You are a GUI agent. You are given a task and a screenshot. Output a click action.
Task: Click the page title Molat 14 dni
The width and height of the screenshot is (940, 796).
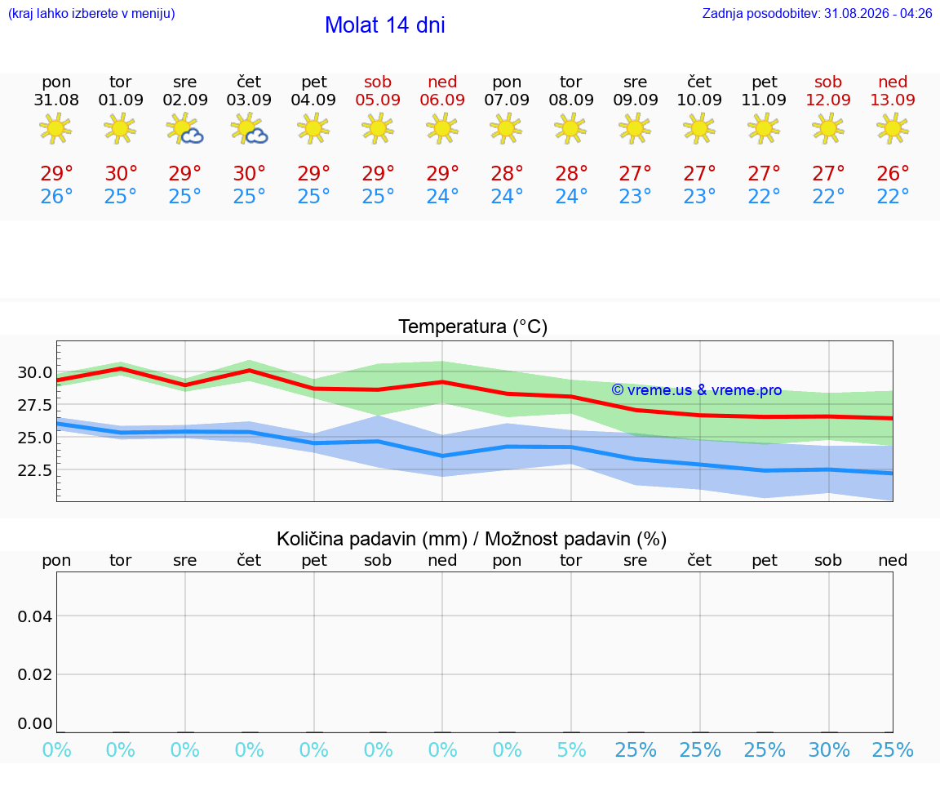click(x=385, y=25)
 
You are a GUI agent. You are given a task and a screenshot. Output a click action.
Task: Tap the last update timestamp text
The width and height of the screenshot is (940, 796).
click(x=817, y=13)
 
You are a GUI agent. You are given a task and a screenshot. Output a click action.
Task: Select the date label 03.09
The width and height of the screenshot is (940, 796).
click(x=249, y=100)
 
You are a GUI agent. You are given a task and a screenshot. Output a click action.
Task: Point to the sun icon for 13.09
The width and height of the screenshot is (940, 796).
click(x=893, y=128)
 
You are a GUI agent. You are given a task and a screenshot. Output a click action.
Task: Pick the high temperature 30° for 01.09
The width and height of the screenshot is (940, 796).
click(x=121, y=173)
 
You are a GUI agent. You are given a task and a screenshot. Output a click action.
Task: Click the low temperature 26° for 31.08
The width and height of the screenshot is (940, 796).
click(x=56, y=196)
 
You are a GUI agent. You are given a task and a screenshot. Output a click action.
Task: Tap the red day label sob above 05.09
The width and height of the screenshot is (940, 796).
click(x=378, y=82)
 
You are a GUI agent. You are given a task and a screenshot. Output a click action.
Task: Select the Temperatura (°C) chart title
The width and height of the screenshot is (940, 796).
click(x=473, y=327)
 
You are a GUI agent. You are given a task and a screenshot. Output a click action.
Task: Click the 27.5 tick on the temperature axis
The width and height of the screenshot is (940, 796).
click(x=35, y=405)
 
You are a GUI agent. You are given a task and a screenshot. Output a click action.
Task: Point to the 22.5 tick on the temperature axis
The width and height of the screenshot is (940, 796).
click(x=35, y=469)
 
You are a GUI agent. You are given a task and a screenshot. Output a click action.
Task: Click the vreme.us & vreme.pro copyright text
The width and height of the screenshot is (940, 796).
click(x=697, y=390)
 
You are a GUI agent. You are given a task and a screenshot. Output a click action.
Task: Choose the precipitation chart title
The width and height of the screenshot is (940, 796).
click(x=472, y=539)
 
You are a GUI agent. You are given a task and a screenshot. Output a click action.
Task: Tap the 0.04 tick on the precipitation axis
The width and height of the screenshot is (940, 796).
click(x=35, y=616)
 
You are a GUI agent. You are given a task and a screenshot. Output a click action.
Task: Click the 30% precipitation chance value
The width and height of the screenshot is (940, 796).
click(x=829, y=749)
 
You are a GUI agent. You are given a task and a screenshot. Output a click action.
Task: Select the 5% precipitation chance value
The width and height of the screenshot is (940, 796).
click(x=571, y=749)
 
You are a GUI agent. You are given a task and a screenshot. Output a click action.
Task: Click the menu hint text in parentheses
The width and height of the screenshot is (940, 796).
click(x=91, y=13)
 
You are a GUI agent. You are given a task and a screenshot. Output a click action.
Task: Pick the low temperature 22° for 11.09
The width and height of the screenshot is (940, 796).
click(x=764, y=196)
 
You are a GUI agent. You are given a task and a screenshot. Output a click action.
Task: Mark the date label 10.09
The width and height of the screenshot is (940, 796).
click(x=699, y=100)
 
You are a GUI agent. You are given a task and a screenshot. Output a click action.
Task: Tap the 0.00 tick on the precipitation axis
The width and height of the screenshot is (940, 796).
click(x=35, y=723)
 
